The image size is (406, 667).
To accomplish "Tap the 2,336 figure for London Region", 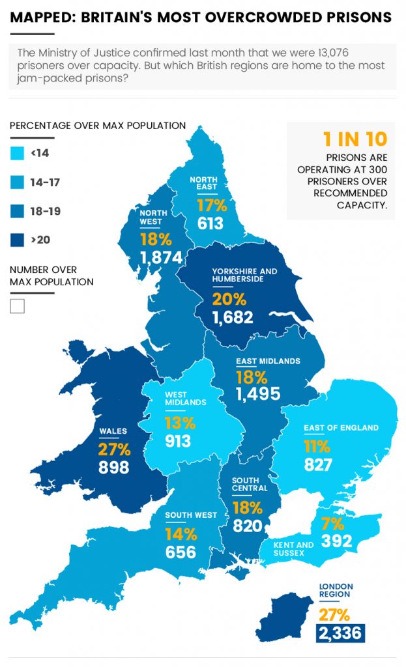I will click(340, 632).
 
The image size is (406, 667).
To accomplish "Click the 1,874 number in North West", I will click(160, 257).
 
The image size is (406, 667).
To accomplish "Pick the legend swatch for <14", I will click(17, 154).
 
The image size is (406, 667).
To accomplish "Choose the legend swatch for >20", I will click(17, 240).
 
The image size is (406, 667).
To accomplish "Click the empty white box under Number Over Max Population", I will click(17, 306).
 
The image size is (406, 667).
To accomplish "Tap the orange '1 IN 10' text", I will click(355, 139).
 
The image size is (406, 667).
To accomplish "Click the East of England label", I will click(341, 428).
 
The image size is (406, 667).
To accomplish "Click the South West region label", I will click(190, 515).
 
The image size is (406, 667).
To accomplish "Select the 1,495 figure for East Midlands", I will click(258, 393).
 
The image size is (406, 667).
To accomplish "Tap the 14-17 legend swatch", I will click(17, 182).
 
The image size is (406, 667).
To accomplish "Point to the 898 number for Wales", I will click(114, 467).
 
